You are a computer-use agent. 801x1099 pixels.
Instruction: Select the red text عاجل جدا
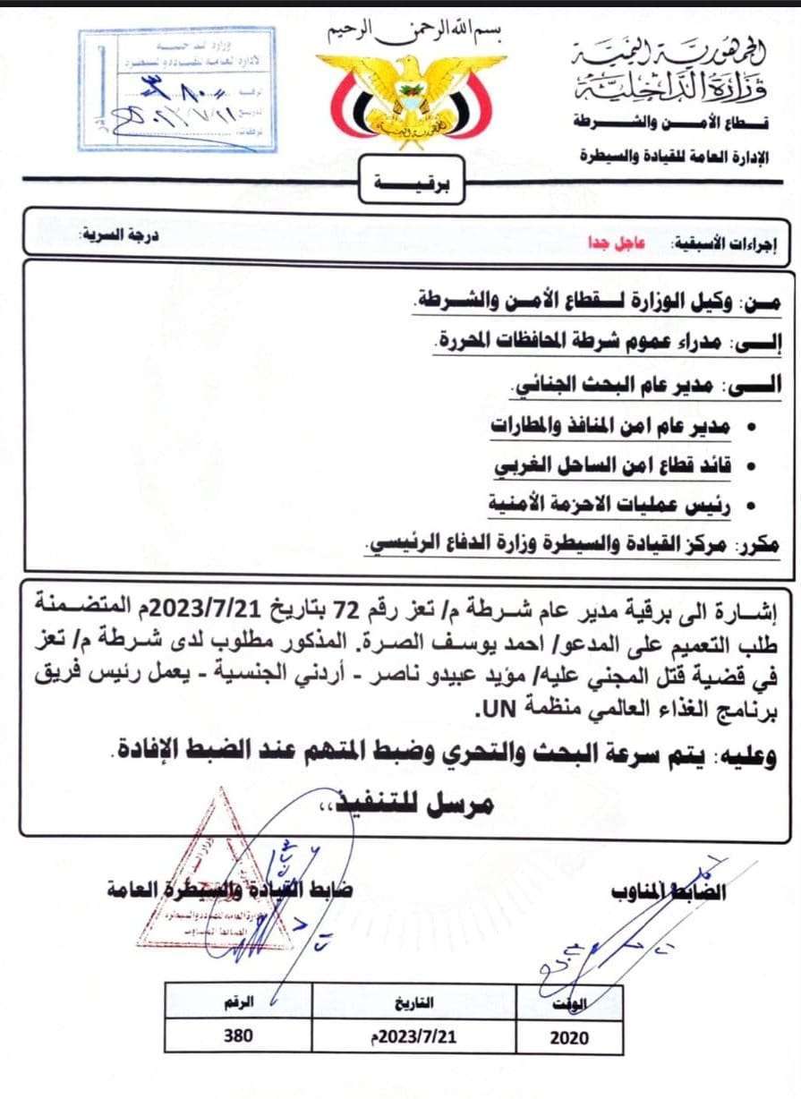coord(605,242)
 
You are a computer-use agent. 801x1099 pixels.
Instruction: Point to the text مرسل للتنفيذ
coord(416,803)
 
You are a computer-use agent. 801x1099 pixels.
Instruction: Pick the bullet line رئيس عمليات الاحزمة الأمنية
coord(609,504)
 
